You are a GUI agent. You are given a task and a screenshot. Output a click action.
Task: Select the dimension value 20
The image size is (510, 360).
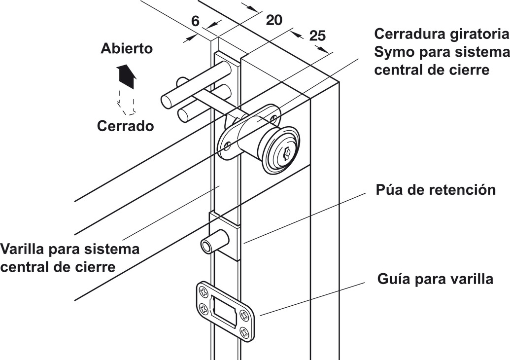pos(274,20)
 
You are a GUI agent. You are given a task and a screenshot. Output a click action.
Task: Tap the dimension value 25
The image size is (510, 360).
pos(317,36)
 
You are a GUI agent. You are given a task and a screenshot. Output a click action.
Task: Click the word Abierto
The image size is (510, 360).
pos(127,49)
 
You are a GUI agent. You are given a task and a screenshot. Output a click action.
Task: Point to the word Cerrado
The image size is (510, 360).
pos(125,126)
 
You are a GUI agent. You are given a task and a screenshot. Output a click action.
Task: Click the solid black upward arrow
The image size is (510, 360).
pos(126,75)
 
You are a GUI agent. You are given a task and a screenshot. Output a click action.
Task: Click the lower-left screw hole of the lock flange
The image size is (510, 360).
pos(228,146)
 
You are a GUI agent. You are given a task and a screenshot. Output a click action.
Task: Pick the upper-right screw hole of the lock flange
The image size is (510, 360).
pos(274,118)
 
